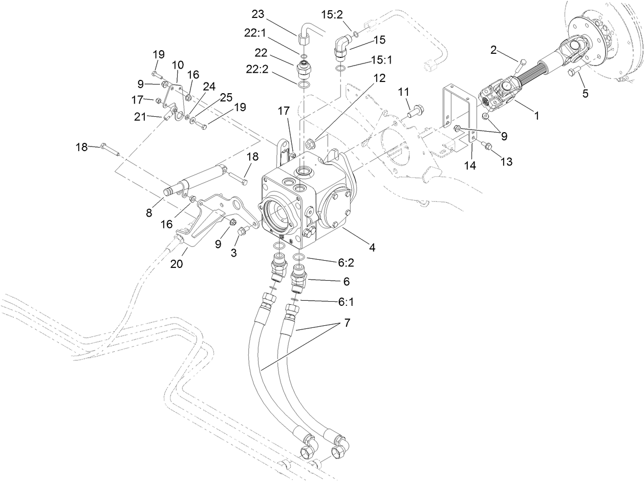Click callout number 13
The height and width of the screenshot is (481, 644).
(506, 162)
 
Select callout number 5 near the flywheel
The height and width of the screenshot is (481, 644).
(585, 93)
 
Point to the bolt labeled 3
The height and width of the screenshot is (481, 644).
(243, 232)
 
